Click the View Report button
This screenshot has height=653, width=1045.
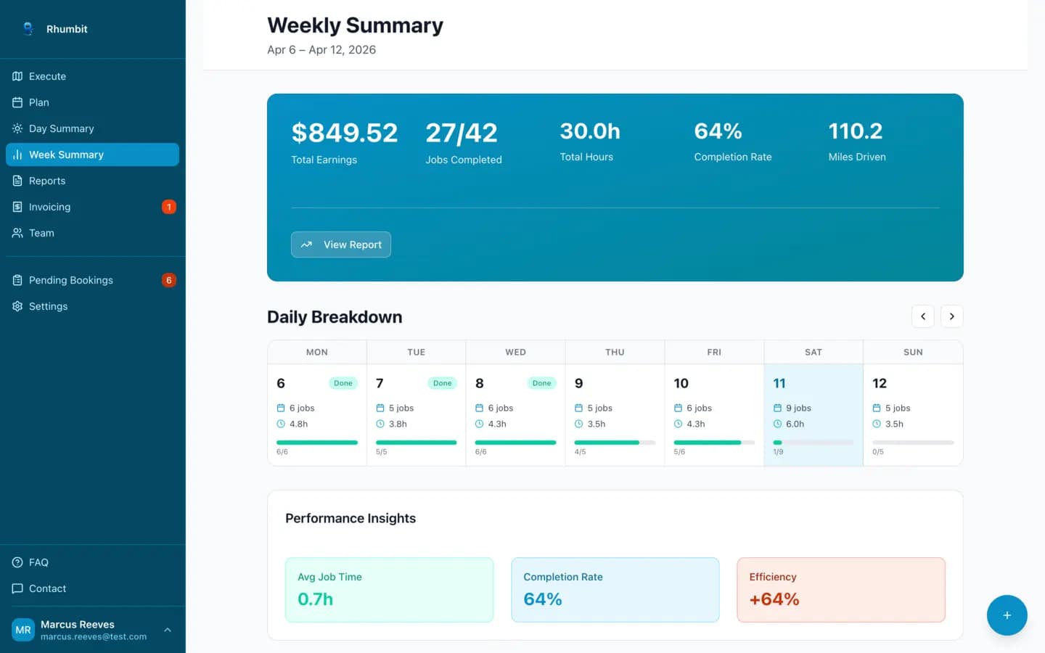tap(341, 245)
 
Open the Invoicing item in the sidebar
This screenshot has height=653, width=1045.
tap(49, 207)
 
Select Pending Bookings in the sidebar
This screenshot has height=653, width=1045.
tap(70, 280)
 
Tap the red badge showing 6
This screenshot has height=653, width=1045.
tap(169, 280)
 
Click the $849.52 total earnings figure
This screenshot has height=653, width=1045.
tap(344, 133)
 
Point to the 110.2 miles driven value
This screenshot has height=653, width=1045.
tap(856, 131)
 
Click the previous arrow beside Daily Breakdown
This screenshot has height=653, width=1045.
tap(922, 316)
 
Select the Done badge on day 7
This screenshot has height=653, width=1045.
tap(442, 383)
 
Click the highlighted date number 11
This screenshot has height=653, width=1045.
tap(779, 383)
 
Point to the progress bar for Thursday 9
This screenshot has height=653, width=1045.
tap(614, 442)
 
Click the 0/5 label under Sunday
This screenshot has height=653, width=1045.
tap(878, 452)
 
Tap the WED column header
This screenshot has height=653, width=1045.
tap(515, 352)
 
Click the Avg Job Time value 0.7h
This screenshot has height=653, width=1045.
tap(316, 599)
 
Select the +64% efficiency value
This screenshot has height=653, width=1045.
tap(774, 599)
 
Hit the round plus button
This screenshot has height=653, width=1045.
tap(1007, 615)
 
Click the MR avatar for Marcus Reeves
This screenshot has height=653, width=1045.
tap(23, 630)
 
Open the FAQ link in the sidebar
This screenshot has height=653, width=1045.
tap(38, 562)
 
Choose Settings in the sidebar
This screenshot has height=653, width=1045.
tap(48, 306)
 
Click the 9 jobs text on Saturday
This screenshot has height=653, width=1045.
tap(798, 408)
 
